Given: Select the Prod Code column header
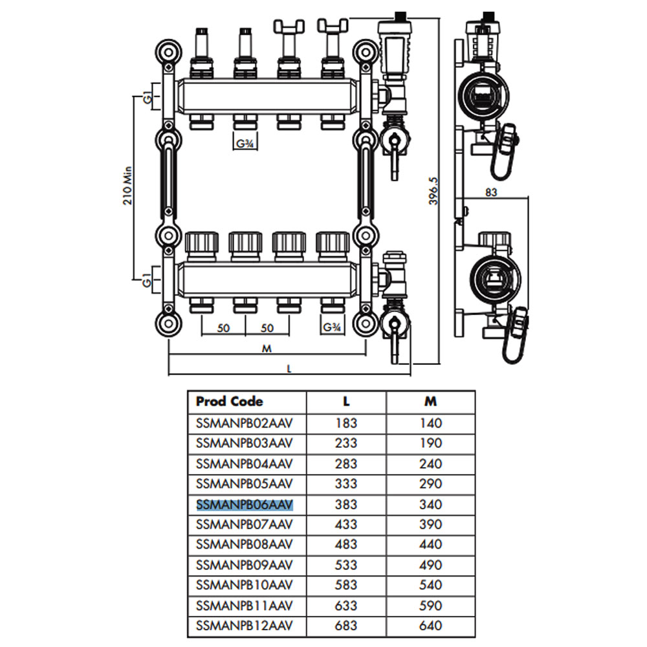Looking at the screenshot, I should tap(229, 401).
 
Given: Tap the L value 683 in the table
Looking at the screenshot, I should tap(346, 626).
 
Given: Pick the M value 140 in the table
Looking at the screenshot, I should tap(430, 423).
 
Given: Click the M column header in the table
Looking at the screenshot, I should tap(430, 401).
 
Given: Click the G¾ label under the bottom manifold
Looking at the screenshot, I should tap(333, 327).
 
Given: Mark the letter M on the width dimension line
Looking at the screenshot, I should tap(267, 348).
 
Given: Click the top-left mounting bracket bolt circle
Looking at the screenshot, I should tap(168, 51).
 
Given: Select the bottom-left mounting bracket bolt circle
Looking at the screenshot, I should tap(168, 324).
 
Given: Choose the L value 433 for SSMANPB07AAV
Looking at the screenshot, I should tap(346, 524).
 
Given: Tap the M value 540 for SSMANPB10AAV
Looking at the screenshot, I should tap(430, 585).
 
